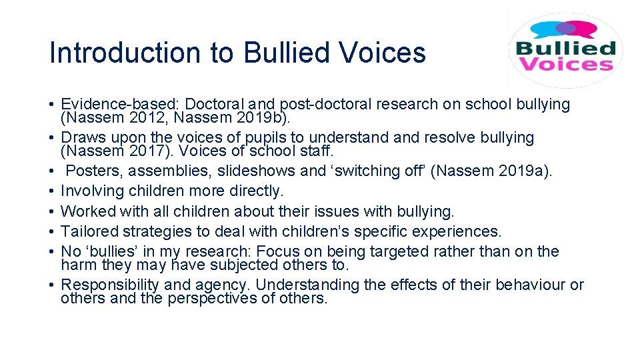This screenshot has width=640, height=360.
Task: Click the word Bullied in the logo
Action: pyautogui.click(x=564, y=49)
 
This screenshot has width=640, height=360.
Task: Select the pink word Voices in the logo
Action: pyautogui.click(x=564, y=64)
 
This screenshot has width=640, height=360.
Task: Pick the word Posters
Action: pyautogui.click(x=92, y=171)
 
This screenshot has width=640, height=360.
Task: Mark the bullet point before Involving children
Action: pyautogui.click(x=51, y=191)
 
